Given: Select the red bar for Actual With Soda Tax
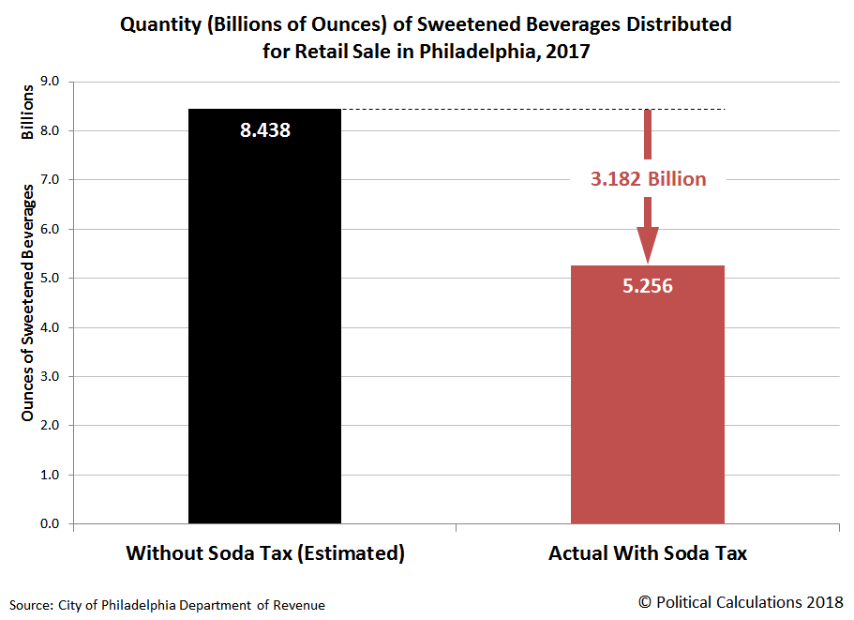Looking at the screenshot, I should (x=647, y=403).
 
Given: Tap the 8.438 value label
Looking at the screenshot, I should (x=265, y=130).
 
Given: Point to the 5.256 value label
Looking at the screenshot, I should (x=648, y=286).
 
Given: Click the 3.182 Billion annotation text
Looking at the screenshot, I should (x=648, y=178).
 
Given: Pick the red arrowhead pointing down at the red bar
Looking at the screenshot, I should (x=648, y=246).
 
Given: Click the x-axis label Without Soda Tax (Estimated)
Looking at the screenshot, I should (x=265, y=553).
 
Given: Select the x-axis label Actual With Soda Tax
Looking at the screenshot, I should (x=648, y=553).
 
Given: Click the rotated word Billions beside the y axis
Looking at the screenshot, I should (x=28, y=112).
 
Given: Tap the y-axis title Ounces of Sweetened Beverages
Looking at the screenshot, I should (x=28, y=302).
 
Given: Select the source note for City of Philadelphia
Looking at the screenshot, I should (x=168, y=605).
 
